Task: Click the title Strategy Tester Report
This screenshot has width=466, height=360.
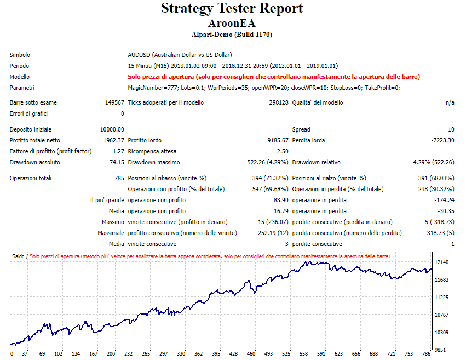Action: click(x=232, y=9)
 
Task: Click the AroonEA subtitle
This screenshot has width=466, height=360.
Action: click(x=232, y=24)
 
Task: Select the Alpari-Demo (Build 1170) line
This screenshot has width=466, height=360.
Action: click(x=232, y=35)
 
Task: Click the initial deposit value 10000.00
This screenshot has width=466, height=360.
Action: click(x=112, y=129)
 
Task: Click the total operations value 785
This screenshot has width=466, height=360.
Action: click(x=119, y=178)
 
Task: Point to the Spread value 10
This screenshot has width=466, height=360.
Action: click(x=451, y=129)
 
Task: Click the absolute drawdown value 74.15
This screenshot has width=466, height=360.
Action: click(x=117, y=162)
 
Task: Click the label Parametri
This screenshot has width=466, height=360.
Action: click(x=22, y=88)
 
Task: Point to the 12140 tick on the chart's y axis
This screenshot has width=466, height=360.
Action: click(x=441, y=262)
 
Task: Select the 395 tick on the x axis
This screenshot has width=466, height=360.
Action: click(x=216, y=354)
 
